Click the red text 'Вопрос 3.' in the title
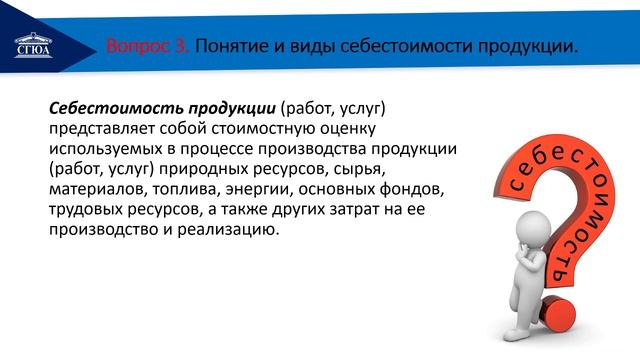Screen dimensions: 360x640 (x=147, y=47)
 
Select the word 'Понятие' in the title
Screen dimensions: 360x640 (x=233, y=47)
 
